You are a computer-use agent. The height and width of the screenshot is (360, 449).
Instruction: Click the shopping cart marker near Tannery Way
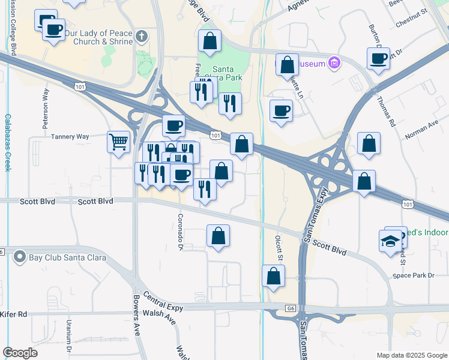click(x=119, y=143)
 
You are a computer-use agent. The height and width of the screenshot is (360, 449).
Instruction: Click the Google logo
click(x=20, y=353)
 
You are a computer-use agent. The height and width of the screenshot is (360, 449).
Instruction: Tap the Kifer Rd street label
click(x=14, y=314)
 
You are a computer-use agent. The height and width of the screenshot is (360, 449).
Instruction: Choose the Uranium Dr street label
click(x=69, y=341)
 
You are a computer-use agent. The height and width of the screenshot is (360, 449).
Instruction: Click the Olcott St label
click(x=279, y=247)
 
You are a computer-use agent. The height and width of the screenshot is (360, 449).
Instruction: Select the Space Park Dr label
click(x=413, y=275)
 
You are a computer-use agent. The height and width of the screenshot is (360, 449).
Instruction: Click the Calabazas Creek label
click(x=7, y=143)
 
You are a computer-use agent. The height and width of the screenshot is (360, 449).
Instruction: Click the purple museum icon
click(x=334, y=63)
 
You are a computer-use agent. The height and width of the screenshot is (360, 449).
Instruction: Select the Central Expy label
click(x=163, y=304)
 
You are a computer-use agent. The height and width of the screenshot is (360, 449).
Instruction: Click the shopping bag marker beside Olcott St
click(x=273, y=277)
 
